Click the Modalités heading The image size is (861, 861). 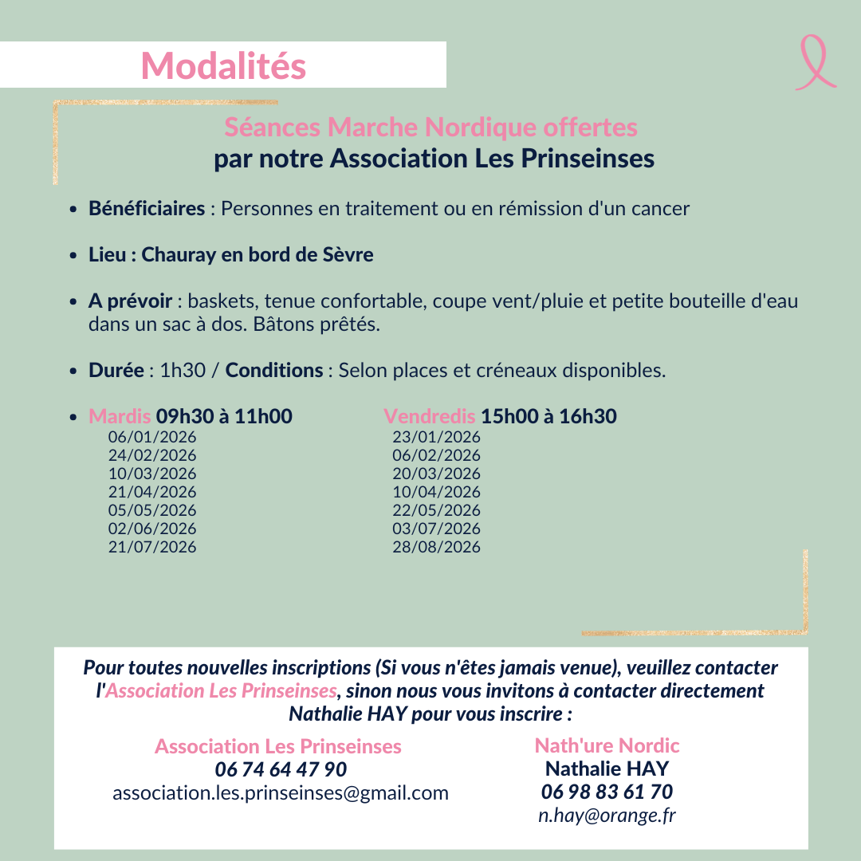coord(223,65)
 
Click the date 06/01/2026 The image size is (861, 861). coord(152,437)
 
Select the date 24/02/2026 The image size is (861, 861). coord(152,455)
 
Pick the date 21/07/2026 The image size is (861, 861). coord(152,547)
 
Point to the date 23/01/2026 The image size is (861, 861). coord(436,437)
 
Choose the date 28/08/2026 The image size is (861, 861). coord(436,547)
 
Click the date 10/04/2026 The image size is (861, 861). coord(436,492)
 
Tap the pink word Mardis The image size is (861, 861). coord(120,416)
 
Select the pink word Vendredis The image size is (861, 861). coord(430,416)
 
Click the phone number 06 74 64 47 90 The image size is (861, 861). coord(281,769)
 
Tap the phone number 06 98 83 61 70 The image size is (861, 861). coord(607,792)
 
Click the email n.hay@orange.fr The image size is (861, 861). coord(607,815)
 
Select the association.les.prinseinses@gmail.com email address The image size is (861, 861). coord(281,792)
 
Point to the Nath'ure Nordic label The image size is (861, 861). coord(607,745)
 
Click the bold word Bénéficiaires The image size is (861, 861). coord(147,209)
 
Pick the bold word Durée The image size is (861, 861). coord(116,371)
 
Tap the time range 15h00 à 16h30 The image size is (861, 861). coord(548,416)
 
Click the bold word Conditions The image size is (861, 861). coord(274,371)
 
